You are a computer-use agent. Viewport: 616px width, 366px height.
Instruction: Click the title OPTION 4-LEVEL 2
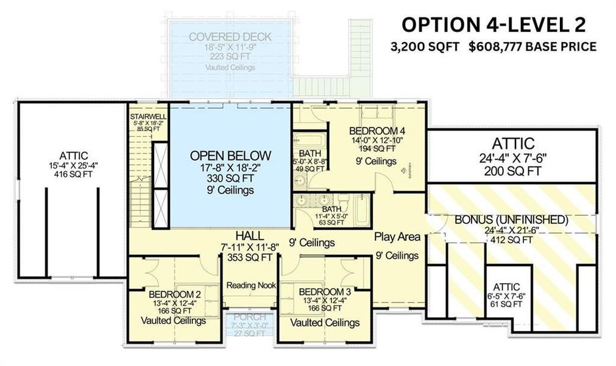[494, 25]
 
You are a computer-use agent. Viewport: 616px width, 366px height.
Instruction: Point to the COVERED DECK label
[230, 37]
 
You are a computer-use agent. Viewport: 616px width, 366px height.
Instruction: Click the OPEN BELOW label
[230, 155]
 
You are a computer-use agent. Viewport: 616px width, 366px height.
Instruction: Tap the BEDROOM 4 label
[377, 131]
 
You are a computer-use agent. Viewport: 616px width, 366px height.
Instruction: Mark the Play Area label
[397, 237]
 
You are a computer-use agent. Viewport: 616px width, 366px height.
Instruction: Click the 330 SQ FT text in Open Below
[230, 179]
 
